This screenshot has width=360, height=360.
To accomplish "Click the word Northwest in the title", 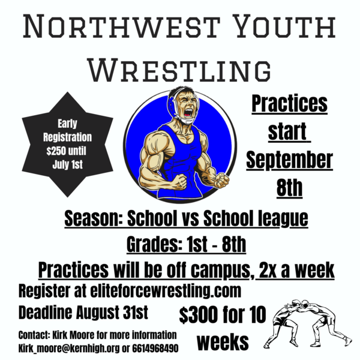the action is (121, 26).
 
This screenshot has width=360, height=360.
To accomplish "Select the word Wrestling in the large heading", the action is (180, 70).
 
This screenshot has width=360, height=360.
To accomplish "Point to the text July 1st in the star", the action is (67, 164).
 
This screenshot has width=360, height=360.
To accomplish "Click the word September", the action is (290, 160).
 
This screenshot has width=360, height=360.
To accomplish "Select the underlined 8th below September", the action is (289, 188).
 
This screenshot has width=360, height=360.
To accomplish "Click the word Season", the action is (94, 218).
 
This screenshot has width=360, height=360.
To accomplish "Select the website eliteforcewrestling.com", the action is (166, 291).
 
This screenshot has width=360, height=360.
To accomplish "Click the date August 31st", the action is (112, 312).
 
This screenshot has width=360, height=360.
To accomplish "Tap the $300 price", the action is (199, 314).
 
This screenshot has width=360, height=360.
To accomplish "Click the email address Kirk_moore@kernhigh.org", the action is (69, 349).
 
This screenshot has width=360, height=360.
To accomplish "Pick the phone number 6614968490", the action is (155, 348).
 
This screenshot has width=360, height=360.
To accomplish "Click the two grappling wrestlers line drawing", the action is (308, 323).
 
